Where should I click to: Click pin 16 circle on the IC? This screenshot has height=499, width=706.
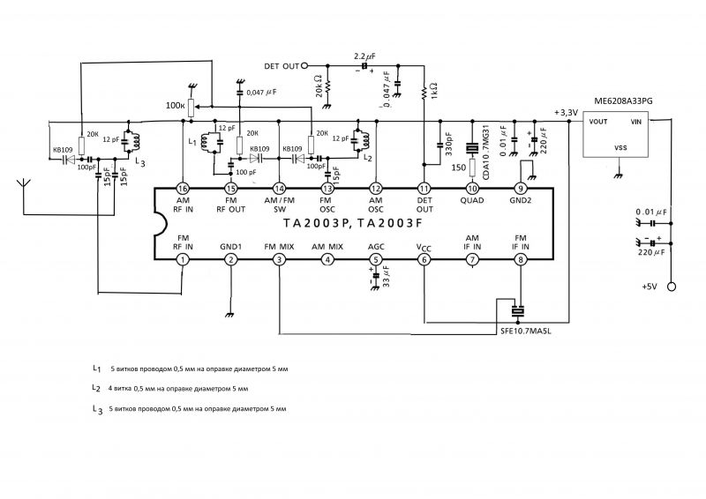pyautogui.click(x=182, y=190)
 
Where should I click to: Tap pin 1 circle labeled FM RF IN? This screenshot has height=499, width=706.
pyautogui.click(x=182, y=259)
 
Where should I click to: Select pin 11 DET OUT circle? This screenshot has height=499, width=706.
pyautogui.click(x=424, y=190)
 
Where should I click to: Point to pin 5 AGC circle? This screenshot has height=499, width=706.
pyautogui.click(x=376, y=259)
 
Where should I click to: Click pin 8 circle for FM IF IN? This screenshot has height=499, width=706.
pyautogui.click(x=522, y=259)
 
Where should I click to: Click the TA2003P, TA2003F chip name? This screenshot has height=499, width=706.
pyautogui.click(x=353, y=224)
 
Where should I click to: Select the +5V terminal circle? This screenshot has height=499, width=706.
pyautogui.click(x=671, y=287)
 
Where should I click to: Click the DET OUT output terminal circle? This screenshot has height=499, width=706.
pyautogui.click(x=306, y=65)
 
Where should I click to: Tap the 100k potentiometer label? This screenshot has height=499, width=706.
pyautogui.click(x=176, y=105)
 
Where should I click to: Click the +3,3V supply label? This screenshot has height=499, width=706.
pyautogui.click(x=565, y=113)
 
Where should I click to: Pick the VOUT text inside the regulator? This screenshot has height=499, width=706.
pyautogui.click(x=601, y=122)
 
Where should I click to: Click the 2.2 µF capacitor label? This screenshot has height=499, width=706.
pyautogui.click(x=364, y=56)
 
